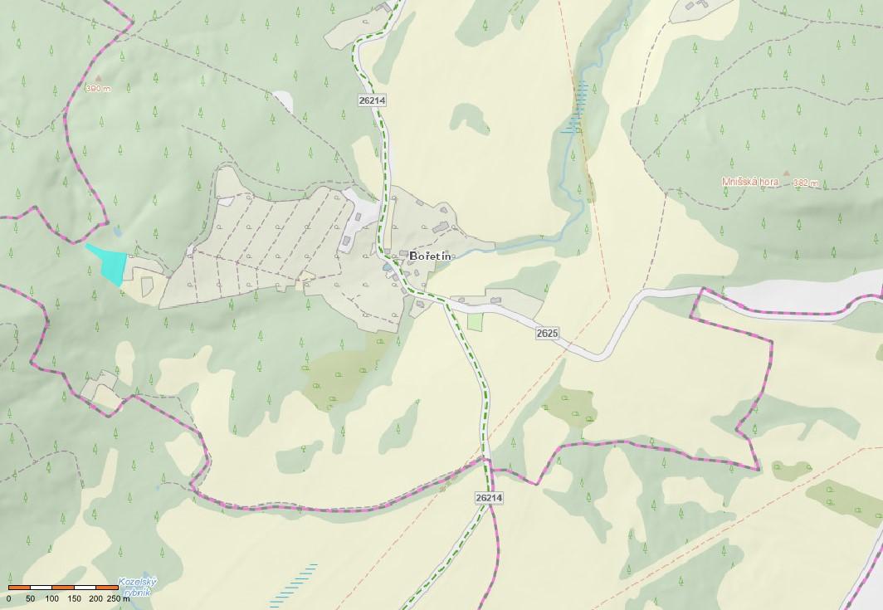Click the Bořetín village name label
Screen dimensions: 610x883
431,256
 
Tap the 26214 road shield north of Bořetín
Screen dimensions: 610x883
372,100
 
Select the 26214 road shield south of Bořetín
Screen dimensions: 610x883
490,498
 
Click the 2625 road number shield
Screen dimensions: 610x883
547,333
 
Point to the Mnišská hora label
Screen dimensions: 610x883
749,182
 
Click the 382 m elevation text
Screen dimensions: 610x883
806,183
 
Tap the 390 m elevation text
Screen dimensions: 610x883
97,89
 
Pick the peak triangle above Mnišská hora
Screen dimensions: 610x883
787,173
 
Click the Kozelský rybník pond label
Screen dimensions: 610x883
137,587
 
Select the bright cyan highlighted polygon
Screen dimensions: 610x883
109,262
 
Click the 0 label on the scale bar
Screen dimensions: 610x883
9,598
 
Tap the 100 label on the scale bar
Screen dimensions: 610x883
51,598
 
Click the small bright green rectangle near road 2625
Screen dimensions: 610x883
475,321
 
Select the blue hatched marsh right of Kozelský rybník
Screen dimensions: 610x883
297,582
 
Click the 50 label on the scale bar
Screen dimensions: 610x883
31,598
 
